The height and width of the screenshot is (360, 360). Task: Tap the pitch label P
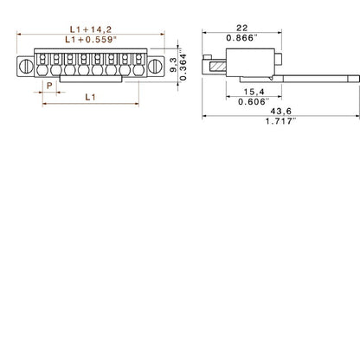48,87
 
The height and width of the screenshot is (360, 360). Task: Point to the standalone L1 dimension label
90,98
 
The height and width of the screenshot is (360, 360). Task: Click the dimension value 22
240,28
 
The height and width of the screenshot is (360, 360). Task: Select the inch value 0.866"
240,39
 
